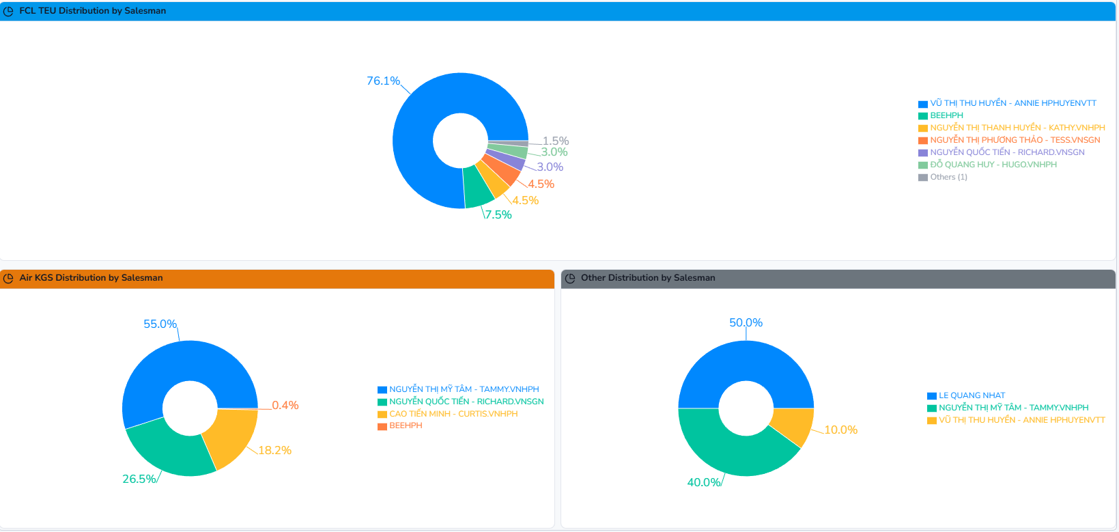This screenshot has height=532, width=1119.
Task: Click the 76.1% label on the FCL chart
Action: [x=383, y=81]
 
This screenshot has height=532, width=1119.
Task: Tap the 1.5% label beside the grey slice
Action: [x=556, y=141]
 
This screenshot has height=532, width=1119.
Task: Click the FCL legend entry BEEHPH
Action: [x=946, y=115]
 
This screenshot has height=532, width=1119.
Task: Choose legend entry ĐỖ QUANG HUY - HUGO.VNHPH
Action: [x=993, y=165]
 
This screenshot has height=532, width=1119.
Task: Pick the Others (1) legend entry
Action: [x=948, y=177]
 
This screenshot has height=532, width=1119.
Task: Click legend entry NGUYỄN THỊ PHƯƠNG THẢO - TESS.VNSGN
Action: [x=1015, y=140]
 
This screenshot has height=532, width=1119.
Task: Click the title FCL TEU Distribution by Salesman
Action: [x=92, y=11]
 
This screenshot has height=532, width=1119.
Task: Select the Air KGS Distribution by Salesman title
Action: [x=91, y=278]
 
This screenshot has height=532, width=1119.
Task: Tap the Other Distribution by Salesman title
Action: [x=647, y=278]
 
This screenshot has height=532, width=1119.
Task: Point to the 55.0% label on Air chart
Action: [x=160, y=324]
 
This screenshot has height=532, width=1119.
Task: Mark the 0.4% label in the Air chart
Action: [x=285, y=406]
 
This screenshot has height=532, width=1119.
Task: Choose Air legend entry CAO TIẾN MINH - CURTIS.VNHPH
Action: [x=453, y=414]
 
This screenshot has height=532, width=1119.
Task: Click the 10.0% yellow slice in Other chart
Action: [x=792, y=425]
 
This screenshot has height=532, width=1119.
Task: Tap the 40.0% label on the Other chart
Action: [x=704, y=483]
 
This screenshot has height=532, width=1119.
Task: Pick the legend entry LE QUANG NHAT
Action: [x=972, y=395]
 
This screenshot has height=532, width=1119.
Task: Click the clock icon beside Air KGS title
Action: [x=9, y=278]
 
